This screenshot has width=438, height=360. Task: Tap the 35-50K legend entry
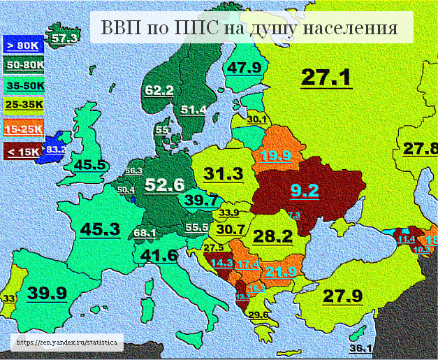point(24,86)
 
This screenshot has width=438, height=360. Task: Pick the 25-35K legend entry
point(24,106)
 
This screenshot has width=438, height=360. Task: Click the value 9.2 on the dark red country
point(305,190)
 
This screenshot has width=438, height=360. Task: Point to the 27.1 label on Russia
point(326,78)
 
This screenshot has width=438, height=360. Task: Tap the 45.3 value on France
point(100,229)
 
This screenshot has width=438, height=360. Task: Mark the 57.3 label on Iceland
point(64,39)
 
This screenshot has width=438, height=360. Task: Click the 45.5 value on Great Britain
point(90,165)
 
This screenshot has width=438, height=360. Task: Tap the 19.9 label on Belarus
point(277,156)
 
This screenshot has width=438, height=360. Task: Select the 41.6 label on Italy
point(159,256)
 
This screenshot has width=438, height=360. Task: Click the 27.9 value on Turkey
point(342,296)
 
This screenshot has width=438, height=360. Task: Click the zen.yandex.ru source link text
point(68,343)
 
